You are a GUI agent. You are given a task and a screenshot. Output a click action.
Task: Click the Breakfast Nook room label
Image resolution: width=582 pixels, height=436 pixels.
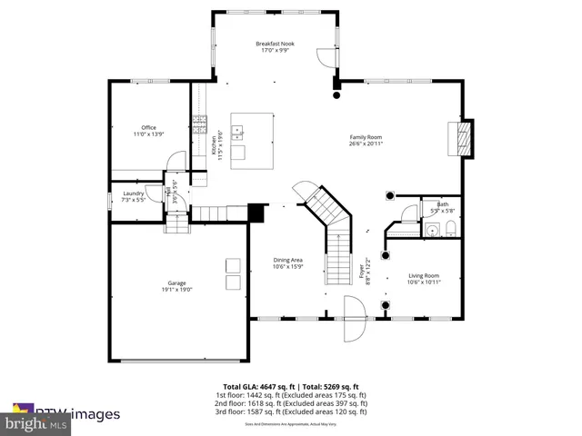[274, 44]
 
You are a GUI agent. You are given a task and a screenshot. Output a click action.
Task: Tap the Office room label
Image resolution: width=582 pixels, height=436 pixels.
[148, 127]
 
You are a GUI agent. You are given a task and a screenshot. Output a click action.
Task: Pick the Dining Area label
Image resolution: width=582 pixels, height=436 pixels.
[287, 260]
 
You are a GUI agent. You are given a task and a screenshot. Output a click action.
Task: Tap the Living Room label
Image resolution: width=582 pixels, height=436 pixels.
[423, 275]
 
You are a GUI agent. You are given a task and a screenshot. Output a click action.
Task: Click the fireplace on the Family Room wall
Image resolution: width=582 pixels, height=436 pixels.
[463, 138]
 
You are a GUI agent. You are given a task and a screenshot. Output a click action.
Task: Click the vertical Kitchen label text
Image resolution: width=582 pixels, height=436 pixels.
[216, 140]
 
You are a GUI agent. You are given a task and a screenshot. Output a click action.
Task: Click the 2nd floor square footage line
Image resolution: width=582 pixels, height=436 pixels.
[290, 403]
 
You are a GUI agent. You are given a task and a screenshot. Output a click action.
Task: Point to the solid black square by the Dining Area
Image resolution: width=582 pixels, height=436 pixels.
[256, 213]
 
